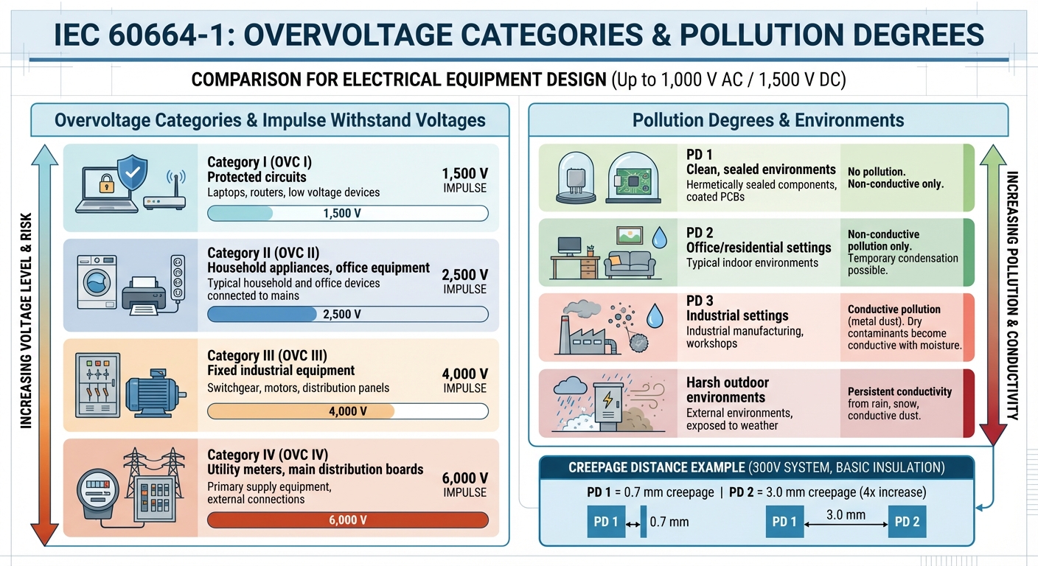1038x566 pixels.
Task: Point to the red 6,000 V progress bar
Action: click(x=348, y=520)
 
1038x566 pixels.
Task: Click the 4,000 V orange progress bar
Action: click(x=302, y=411)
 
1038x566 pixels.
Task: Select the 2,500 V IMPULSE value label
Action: click(x=464, y=281)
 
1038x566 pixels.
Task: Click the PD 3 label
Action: click(x=700, y=300)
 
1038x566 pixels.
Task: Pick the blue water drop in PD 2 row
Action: click(x=659, y=237)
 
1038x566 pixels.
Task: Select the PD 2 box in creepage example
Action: click(x=907, y=522)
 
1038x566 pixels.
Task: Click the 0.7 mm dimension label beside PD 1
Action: click(x=669, y=522)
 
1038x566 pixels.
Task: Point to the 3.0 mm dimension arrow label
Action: click(x=846, y=515)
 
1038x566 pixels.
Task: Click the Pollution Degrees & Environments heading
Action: click(x=768, y=120)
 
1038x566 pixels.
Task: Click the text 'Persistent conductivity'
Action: click(x=899, y=391)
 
